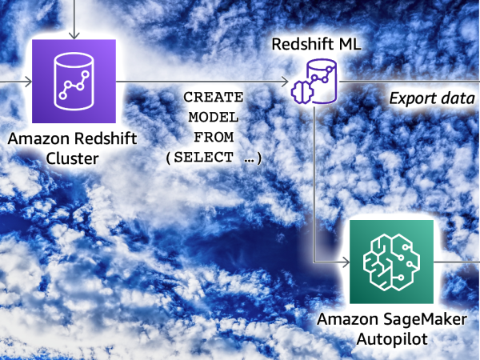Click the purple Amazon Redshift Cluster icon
pyautogui.click(x=74, y=81)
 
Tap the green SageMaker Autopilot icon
pyautogui.click(x=392, y=260)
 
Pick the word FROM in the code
pyautogui.click(x=213, y=137)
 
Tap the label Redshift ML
pyautogui.click(x=317, y=45)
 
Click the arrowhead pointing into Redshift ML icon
pyautogui.click(x=285, y=82)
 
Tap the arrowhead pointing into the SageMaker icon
pyautogui.click(x=346, y=261)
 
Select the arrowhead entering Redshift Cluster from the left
pyautogui.click(x=29, y=81)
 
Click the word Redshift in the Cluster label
pyautogui.click(x=98, y=139)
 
